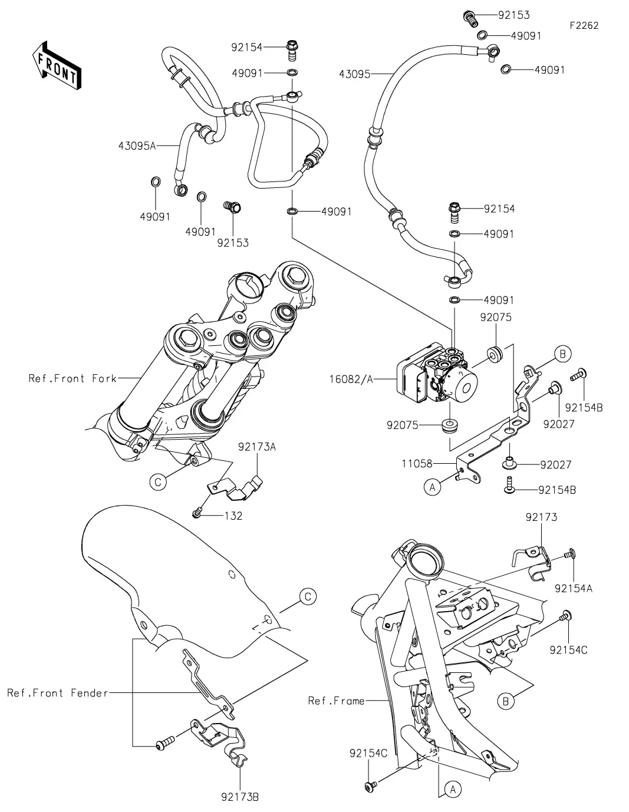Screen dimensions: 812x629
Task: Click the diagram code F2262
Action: point(584,26)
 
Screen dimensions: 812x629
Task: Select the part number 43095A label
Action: point(136,145)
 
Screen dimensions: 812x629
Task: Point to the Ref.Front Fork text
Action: point(73,378)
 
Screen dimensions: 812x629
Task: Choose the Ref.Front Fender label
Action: point(57,693)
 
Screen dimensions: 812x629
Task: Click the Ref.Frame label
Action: point(336,701)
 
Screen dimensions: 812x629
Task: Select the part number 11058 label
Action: point(417,464)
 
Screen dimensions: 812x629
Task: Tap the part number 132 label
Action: point(233,516)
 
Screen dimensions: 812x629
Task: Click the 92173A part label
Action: point(257,447)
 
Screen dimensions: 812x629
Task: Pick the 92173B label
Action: point(240,798)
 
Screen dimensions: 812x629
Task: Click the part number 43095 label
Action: point(355,74)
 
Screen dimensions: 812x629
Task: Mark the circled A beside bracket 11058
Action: point(433,487)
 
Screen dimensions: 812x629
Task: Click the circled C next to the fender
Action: point(308,596)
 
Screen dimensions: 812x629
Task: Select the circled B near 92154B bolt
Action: point(562,354)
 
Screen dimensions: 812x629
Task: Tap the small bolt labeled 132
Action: point(197,514)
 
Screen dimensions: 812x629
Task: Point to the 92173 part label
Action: point(541,517)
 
